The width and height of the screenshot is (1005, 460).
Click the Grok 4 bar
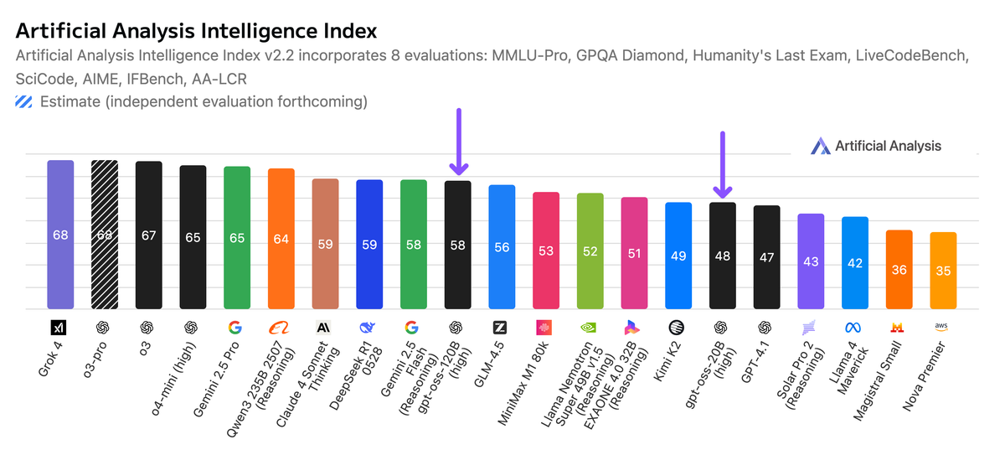point(60,235)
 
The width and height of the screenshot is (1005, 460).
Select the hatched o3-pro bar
point(105,235)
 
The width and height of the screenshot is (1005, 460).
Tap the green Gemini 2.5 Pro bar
point(237,238)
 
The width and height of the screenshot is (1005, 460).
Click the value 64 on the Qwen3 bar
point(281,239)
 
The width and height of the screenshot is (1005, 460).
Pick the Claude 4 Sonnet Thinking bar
point(325,244)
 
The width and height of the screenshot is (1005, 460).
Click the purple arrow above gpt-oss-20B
point(723,165)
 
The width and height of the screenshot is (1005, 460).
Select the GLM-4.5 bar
point(502,247)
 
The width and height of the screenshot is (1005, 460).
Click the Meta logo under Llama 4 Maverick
point(854,328)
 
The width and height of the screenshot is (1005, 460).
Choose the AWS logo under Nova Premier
point(942,327)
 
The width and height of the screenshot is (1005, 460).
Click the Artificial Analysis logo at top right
point(877,146)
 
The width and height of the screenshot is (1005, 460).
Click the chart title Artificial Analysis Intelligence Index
point(197,31)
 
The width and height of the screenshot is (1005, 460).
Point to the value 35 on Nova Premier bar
point(942,271)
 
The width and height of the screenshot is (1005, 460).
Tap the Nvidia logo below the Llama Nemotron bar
point(590,328)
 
